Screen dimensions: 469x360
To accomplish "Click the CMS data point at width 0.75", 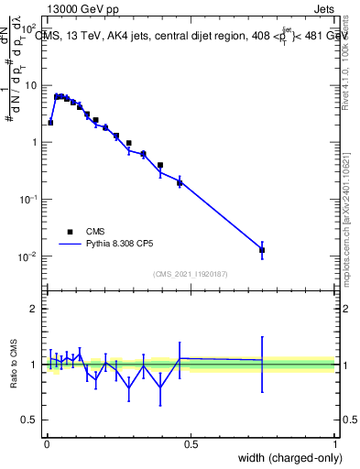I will pos(262,249).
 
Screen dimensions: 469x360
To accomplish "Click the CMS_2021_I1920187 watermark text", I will pos(190,274).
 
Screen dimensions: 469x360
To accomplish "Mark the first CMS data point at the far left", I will pos(50,122).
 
